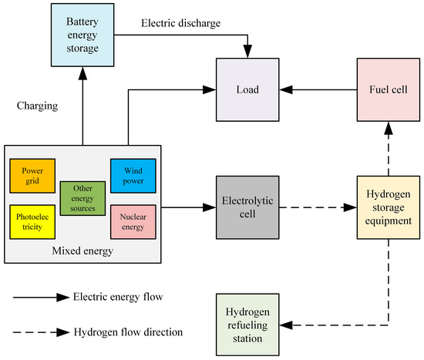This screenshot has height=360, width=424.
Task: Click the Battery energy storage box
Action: pyautogui.click(x=82, y=35)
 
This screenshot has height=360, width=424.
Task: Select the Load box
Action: pyautogui.click(x=247, y=89)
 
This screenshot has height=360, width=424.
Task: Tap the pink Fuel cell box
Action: pyautogui.click(x=389, y=89)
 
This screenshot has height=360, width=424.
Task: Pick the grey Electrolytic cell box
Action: pyautogui.click(x=247, y=207)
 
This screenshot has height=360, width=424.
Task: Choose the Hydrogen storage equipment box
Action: pyautogui.click(x=389, y=207)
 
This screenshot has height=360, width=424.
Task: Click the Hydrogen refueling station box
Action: pyautogui.click(x=247, y=325)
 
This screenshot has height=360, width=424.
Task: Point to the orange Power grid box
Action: pyautogui.click(x=32, y=176)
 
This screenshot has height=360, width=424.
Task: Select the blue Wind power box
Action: pyautogui.click(x=133, y=176)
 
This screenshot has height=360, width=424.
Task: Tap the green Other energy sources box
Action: pyautogui.click(x=82, y=199)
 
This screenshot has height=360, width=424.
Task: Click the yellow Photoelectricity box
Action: pyautogui.click(x=32, y=222)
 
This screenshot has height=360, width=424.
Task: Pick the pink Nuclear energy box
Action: pyautogui.click(x=133, y=222)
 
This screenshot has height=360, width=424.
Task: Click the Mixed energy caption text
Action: pyautogui.click(x=82, y=251)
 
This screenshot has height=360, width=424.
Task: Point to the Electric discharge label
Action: pyautogui.click(x=180, y=23)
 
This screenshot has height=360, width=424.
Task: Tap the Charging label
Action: pyautogui.click(x=37, y=106)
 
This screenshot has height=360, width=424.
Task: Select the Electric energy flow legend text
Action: pyautogui.click(x=118, y=297)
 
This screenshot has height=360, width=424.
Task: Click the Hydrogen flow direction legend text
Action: pyautogui.click(x=128, y=332)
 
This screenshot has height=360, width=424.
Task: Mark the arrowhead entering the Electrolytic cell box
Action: pyautogui.click(x=209, y=207)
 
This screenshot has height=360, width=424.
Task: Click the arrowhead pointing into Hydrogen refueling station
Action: pyautogui.click(x=286, y=325)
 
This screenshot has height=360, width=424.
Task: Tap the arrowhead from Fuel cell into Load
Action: pyautogui.click(x=286, y=89)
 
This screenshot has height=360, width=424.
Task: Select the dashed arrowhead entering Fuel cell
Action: pyautogui.click(x=389, y=128)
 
